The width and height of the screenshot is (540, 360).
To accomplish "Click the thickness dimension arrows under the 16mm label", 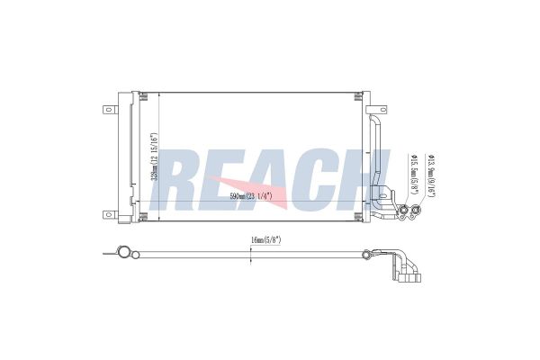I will click(251, 255).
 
